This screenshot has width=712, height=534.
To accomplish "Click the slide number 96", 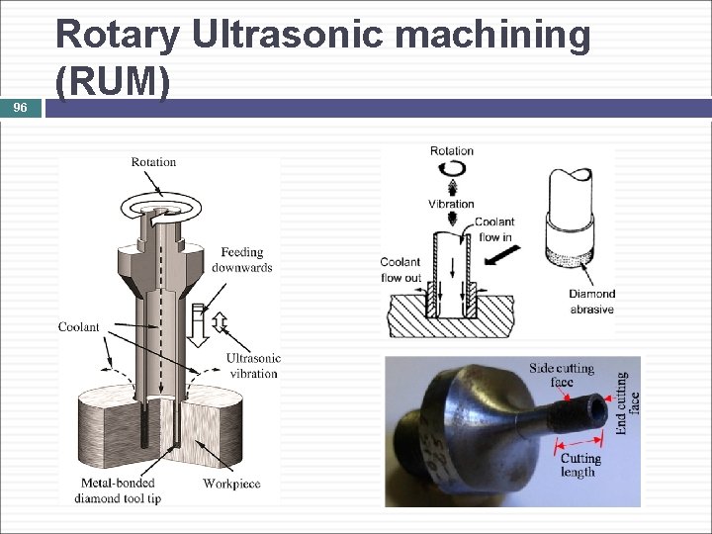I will tap(20, 108).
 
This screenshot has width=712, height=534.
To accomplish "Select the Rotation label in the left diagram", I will tap(153, 161).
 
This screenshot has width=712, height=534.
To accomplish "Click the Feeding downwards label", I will tap(241, 260).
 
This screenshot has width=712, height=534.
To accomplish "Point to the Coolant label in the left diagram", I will tap(78, 327).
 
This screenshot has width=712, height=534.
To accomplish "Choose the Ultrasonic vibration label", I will tap(253, 366).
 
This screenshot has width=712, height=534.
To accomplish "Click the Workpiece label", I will tap(232, 484).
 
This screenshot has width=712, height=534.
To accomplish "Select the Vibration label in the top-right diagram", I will tap(451, 204).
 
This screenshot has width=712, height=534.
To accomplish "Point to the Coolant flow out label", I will tap(400, 270).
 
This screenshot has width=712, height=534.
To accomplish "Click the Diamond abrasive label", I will tap(591, 302).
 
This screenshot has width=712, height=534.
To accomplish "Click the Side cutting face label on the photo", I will tap(561, 375).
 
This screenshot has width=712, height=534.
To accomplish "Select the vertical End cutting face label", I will tap(627, 402).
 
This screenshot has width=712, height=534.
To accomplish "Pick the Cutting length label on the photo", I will tap(579, 465).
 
